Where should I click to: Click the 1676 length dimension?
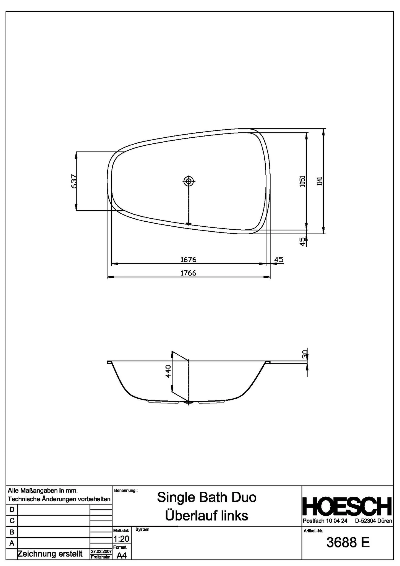click(188, 260)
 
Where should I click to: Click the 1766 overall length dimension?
click(188, 273)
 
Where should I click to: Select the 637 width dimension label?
click(74, 181)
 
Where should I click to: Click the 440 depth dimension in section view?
click(168, 371)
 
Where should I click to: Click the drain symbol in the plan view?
click(189, 182)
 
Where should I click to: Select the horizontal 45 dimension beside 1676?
click(279, 260)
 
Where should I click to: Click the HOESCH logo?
click(347, 507)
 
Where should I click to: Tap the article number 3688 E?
click(348, 543)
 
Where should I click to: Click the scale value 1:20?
click(121, 539)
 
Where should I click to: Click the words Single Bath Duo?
click(207, 497)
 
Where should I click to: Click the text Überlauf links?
click(207, 516)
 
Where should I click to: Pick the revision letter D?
click(12, 509)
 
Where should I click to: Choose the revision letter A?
click(12, 543)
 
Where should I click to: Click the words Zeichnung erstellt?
click(50, 554)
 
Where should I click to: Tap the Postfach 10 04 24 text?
click(325, 521)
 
